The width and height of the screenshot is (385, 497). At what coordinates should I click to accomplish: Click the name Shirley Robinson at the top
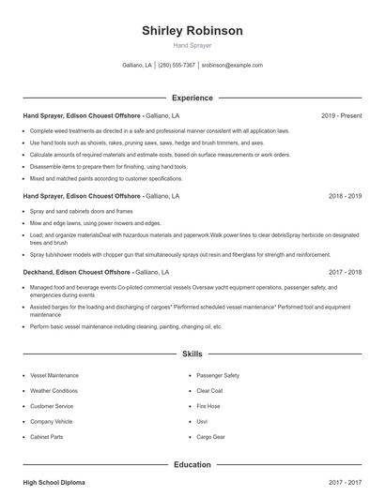tap(192, 31)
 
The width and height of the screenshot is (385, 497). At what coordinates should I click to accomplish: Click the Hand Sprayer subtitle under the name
tap(192, 45)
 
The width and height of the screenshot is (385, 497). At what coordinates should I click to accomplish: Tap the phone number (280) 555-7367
tap(177, 66)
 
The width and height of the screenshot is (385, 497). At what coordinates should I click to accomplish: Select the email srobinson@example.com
tap(232, 66)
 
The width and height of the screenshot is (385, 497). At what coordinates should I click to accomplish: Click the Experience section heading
tap(192, 98)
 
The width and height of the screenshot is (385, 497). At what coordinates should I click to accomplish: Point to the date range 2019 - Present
tap(341, 115)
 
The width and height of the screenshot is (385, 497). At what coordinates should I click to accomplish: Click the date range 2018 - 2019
tap(345, 196)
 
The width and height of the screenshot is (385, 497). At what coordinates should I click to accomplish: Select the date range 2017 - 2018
tap(345, 272)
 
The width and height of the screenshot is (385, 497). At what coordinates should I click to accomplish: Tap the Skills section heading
tap(192, 354)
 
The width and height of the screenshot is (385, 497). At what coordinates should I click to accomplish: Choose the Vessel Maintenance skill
tap(54, 375)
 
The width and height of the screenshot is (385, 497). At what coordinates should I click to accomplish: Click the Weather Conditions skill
tap(54, 390)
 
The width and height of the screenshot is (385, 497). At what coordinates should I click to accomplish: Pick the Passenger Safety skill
tap(218, 375)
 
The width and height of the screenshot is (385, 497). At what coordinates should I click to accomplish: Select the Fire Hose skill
tap(208, 406)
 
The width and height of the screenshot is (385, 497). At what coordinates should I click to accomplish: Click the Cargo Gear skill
tap(210, 437)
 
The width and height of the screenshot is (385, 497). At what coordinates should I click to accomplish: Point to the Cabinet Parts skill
tap(47, 437)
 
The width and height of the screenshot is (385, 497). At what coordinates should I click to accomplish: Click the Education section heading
tap(192, 464)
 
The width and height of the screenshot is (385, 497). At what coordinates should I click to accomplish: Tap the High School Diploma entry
tap(54, 482)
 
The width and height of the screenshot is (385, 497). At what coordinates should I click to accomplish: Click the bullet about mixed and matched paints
tap(106, 177)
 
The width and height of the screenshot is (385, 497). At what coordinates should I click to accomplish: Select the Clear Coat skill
tap(209, 390)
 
